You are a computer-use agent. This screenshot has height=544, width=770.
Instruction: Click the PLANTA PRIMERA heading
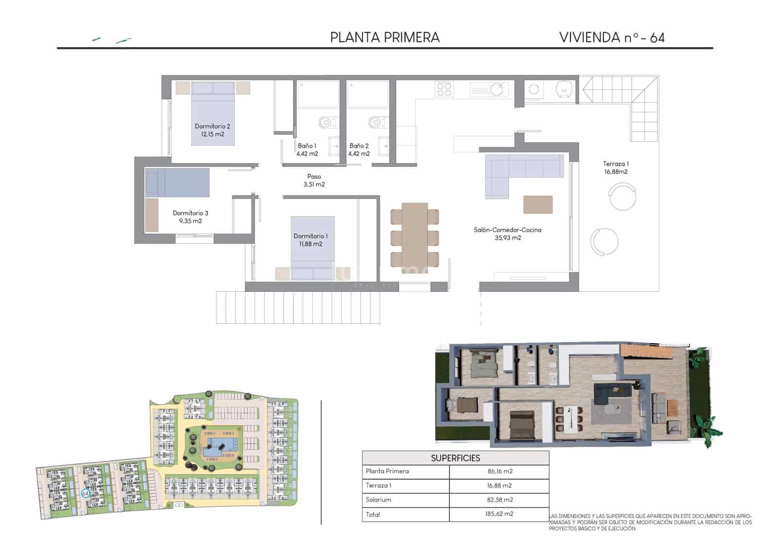click(x=385, y=38)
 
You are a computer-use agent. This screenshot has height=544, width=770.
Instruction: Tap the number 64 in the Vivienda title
click(x=657, y=38)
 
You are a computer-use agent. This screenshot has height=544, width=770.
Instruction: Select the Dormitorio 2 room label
click(x=212, y=126)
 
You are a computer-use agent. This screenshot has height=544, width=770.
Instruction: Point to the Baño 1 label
click(x=307, y=146)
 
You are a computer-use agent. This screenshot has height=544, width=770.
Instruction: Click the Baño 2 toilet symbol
click(x=376, y=122)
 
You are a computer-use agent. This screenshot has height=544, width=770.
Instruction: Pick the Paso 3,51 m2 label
click(x=314, y=180)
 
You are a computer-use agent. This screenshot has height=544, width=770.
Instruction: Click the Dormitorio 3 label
click(x=190, y=213)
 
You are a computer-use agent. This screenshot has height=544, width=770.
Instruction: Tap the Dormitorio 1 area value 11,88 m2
click(x=310, y=244)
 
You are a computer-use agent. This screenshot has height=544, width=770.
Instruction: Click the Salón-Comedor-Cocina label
click(x=507, y=230)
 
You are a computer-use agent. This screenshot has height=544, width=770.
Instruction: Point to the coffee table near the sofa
click(x=538, y=204)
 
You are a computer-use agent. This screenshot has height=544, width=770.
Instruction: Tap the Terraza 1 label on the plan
click(x=616, y=164)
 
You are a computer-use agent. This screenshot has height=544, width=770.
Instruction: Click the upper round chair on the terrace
click(x=622, y=197)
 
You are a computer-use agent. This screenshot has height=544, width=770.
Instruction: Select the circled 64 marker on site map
click(x=85, y=493)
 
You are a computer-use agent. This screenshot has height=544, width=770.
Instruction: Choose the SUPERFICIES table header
click(x=455, y=458)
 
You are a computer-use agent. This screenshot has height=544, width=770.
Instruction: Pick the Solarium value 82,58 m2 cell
click(x=500, y=500)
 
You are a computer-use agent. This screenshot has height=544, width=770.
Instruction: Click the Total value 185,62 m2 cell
click(x=500, y=514)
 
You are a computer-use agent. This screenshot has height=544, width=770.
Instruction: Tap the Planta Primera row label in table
click(x=387, y=471)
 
